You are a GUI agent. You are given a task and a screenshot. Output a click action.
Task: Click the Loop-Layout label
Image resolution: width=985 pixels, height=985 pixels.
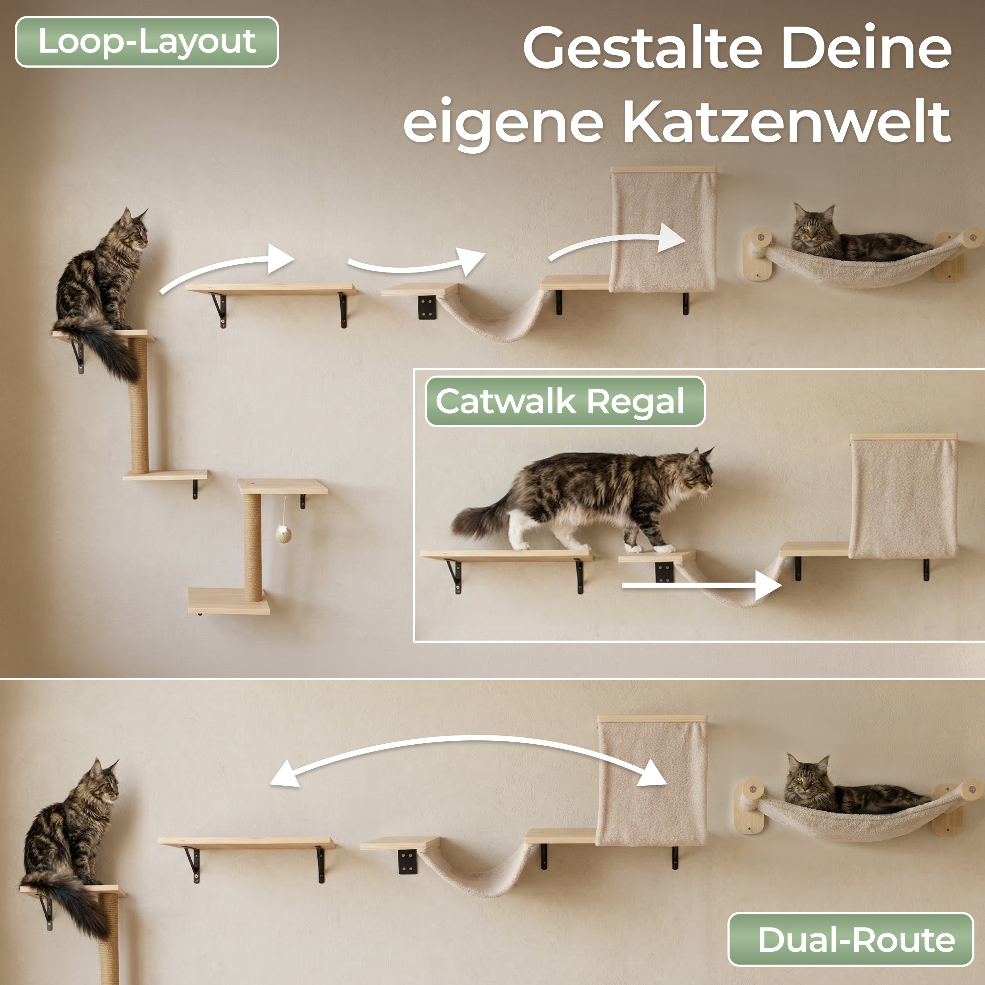point(147,42)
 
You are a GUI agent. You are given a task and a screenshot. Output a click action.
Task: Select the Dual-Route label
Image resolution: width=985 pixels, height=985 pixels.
point(850,939)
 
